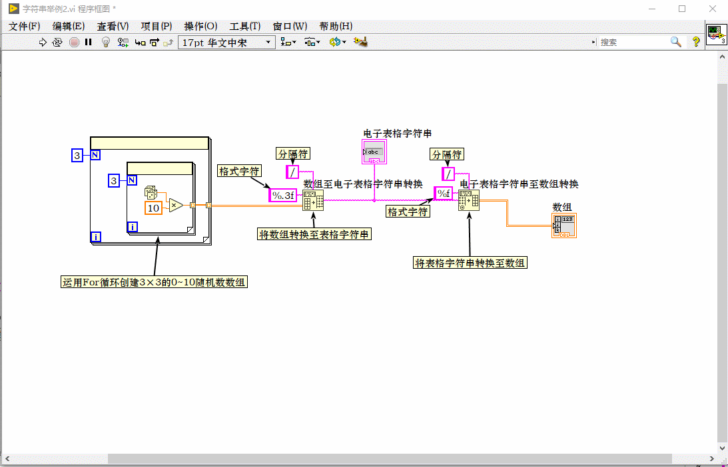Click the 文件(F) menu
click(x=25, y=27)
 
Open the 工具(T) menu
click(x=244, y=27)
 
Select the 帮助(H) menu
click(x=336, y=27)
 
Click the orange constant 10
click(x=153, y=208)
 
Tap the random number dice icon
click(x=151, y=192)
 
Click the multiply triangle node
click(x=175, y=205)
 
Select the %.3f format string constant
click(x=283, y=196)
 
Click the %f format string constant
click(x=444, y=194)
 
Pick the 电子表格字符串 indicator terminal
click(x=374, y=152)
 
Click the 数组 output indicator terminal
click(x=564, y=226)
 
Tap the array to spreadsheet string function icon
click(x=313, y=200)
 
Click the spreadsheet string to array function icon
click(x=468, y=200)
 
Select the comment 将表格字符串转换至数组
click(x=470, y=263)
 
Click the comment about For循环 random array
click(x=154, y=282)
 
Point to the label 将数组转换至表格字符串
click(x=314, y=234)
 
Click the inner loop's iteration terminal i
click(x=132, y=227)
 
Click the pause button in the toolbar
click(x=88, y=42)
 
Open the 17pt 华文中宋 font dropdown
click(x=226, y=42)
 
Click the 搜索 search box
click(x=633, y=42)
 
